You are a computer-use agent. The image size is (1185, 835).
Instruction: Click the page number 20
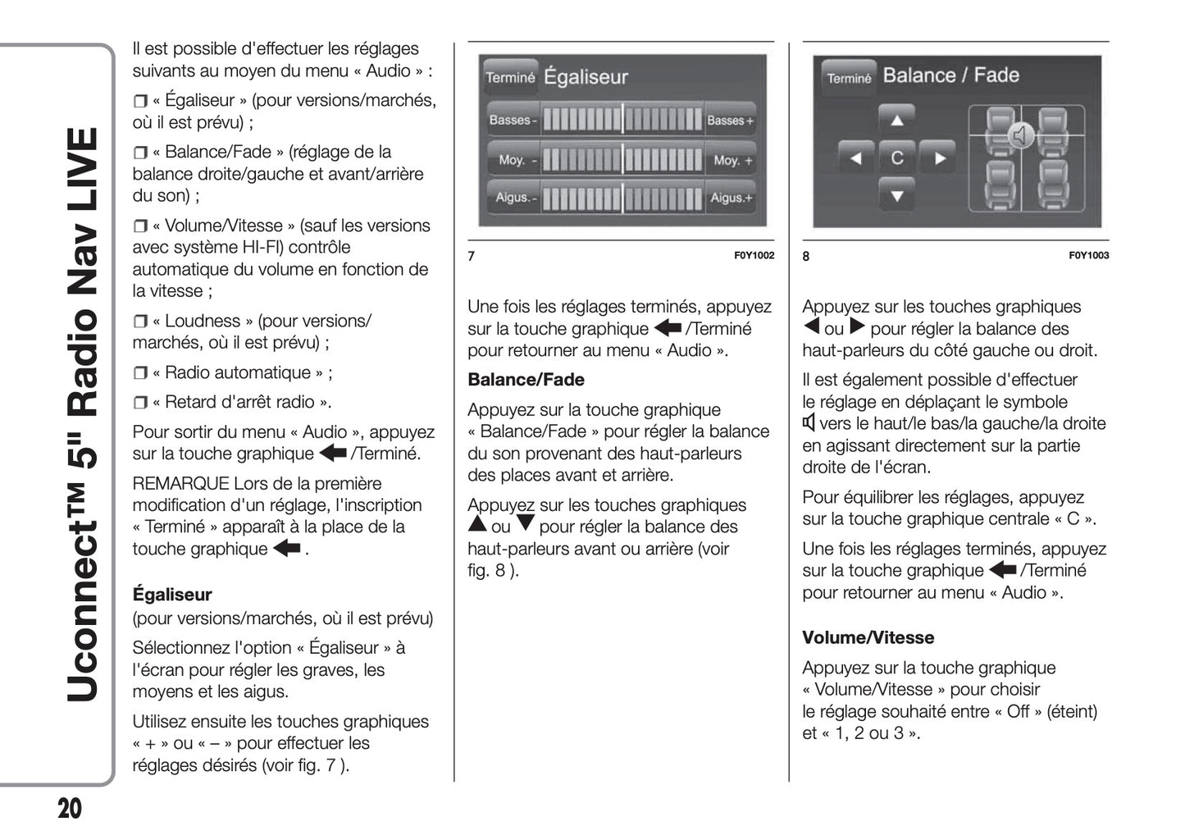[70, 808]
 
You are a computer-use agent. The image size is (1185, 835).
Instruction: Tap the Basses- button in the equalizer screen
[513, 120]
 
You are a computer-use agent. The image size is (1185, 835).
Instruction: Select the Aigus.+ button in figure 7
[731, 198]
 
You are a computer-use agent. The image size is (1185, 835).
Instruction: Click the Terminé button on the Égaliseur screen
[510, 77]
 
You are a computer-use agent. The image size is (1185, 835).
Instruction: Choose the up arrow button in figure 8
[897, 120]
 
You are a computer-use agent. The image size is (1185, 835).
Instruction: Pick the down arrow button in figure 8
[897, 195]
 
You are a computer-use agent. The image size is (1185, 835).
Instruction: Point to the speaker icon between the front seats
[1019, 135]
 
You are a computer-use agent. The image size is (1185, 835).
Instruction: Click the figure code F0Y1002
[754, 255]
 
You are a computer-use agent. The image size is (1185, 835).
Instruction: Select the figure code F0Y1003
[1088, 255]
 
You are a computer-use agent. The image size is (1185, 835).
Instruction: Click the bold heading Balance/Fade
[526, 380]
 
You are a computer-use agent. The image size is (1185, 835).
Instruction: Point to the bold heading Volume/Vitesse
[868, 637]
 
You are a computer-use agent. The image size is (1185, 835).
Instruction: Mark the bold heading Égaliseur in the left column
[172, 595]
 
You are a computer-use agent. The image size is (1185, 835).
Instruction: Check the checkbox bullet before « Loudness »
[139, 322]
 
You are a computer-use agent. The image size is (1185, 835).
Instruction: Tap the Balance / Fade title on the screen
[950, 75]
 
